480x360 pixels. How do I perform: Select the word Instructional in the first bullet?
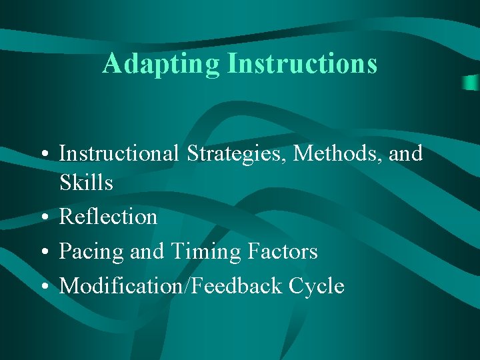119,153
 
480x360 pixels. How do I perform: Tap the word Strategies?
237,153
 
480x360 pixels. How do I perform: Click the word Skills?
86,183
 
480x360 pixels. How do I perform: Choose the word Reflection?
108,217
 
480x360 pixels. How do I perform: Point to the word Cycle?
317,286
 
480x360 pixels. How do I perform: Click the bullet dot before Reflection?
43,218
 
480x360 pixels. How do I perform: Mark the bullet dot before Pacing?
43,253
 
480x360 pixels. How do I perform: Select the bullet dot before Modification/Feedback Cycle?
43,287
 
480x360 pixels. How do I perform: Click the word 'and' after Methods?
407,153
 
